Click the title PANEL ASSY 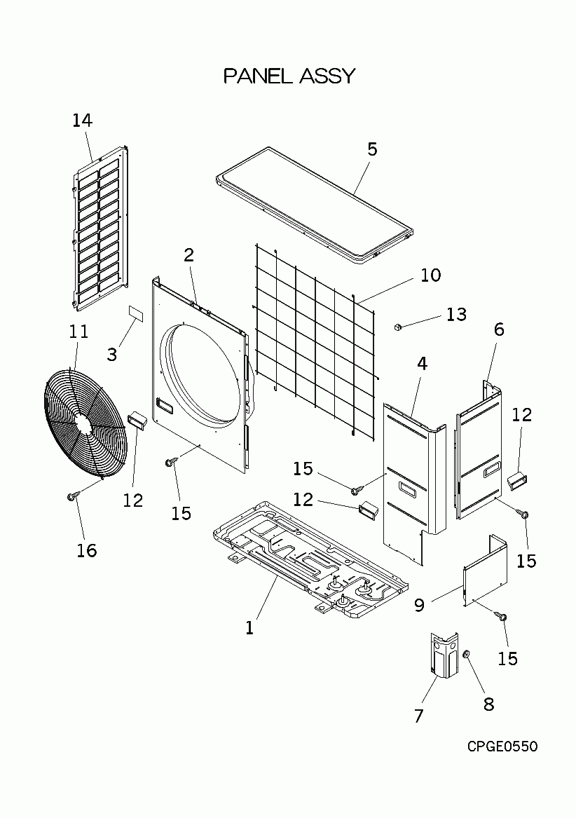tap(289, 76)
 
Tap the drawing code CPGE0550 tap(502, 747)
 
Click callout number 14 tap(82, 120)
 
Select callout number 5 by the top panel tap(372, 149)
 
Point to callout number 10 tap(431, 275)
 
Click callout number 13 tap(456, 314)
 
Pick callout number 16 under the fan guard tap(86, 550)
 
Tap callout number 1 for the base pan tap(249, 628)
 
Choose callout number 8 tap(488, 704)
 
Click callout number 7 tap(419, 716)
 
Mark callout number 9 tap(419, 604)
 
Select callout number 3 tap(112, 354)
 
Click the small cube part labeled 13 tap(398, 326)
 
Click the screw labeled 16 tap(71, 496)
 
